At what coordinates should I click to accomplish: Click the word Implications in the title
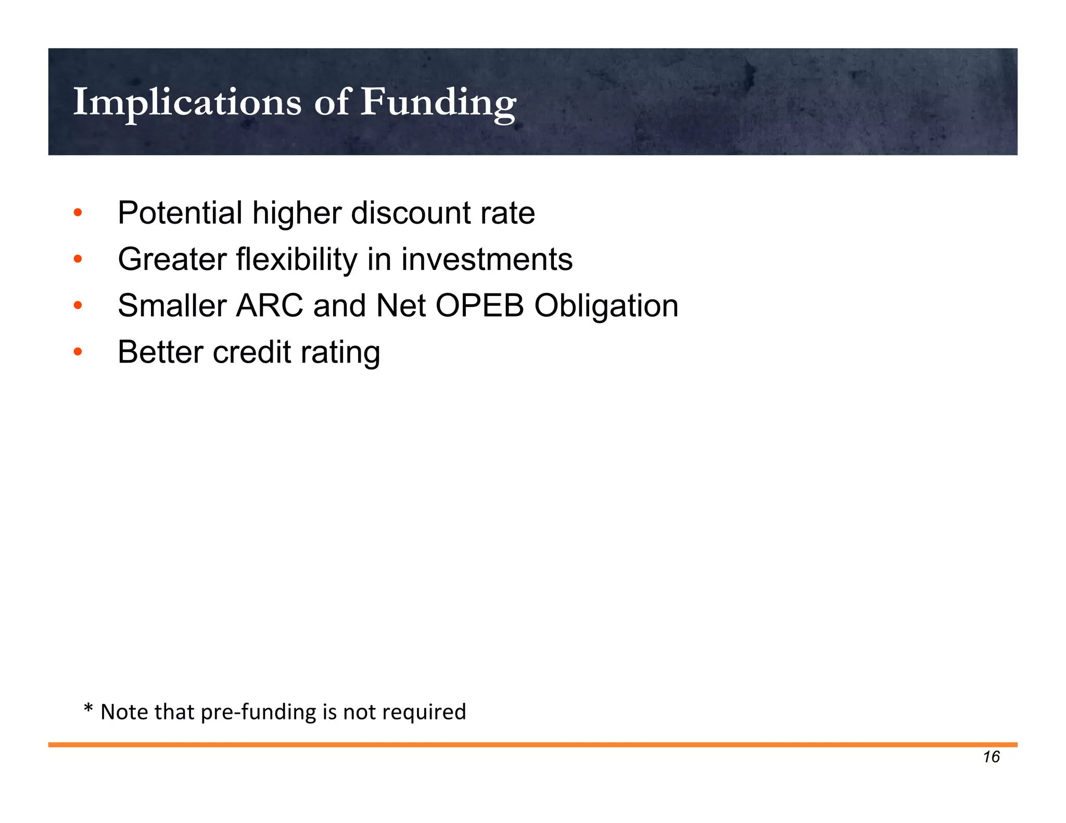tap(187, 102)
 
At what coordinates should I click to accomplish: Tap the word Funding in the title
tap(438, 102)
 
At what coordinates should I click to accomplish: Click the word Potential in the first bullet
tap(180, 213)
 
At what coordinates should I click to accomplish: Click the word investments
tap(487, 259)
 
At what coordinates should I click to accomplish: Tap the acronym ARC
tap(269, 305)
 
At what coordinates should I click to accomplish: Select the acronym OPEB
tap(479, 305)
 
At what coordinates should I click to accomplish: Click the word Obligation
tap(606, 305)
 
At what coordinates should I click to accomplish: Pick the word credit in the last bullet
tap(252, 352)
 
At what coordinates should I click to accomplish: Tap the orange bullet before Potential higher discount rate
tap(78, 213)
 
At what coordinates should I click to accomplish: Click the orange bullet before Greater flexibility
tap(78, 259)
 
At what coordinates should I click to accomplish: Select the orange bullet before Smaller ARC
tap(78, 305)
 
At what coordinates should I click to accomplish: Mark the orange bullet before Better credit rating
tap(78, 352)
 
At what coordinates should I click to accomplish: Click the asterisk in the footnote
tap(88, 709)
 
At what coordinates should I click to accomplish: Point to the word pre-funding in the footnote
tap(258, 712)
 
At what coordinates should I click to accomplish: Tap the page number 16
tap(991, 756)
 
